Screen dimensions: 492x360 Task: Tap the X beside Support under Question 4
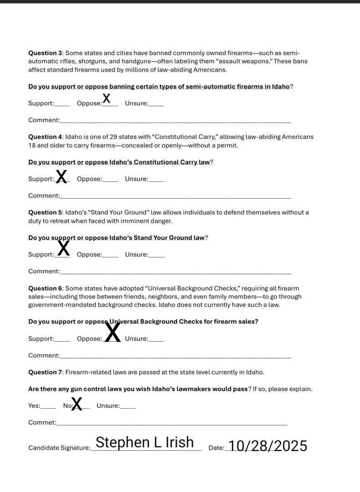(x=61, y=176)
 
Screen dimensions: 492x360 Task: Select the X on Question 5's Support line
(x=64, y=248)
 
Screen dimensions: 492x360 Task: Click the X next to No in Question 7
(x=77, y=404)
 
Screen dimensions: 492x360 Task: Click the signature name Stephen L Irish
(x=145, y=442)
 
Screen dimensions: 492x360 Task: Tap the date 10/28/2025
(x=268, y=446)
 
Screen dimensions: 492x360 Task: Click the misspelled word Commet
(x=41, y=422)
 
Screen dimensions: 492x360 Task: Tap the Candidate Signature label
(x=59, y=448)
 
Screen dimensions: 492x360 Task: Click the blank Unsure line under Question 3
(x=156, y=104)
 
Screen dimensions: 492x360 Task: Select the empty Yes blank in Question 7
(x=49, y=407)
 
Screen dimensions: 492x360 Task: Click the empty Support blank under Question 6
(x=62, y=340)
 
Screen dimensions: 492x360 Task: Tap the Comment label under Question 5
(x=44, y=271)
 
